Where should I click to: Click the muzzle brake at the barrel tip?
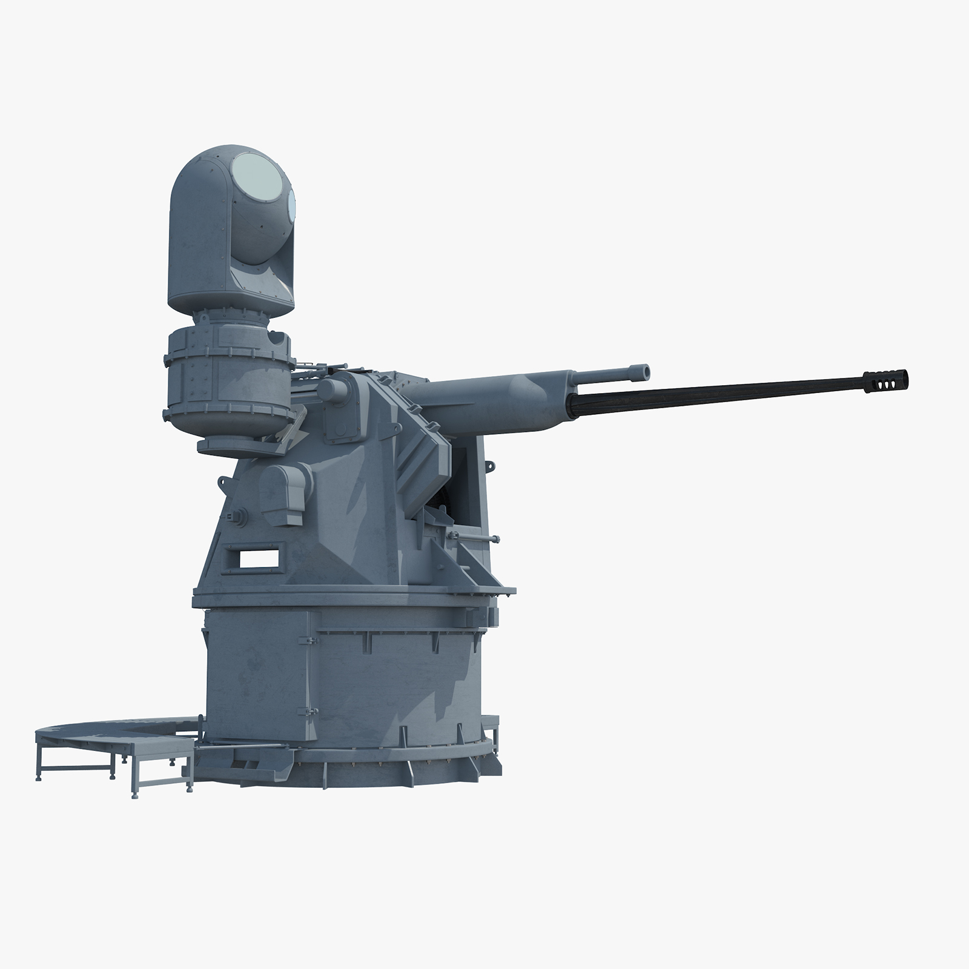(x=888, y=376)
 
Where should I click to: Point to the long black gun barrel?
(x=715, y=389)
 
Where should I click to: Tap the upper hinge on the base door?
(x=310, y=641)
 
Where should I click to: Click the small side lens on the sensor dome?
(x=293, y=202)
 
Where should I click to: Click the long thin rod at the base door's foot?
(x=242, y=747)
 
